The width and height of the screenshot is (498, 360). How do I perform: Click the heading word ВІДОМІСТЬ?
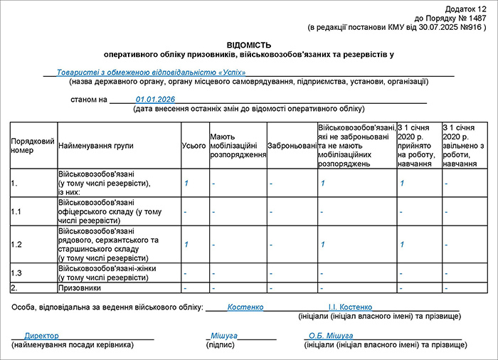(x=248, y=45)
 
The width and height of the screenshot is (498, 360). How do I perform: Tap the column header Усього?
(x=190, y=146)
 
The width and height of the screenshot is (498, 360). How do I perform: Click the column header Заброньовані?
(x=292, y=146)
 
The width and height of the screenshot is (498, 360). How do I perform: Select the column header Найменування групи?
(x=95, y=146)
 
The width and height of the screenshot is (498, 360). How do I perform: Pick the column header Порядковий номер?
(x=33, y=146)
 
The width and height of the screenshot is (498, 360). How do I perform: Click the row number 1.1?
(x=16, y=212)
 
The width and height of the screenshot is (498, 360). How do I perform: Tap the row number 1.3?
(x=16, y=273)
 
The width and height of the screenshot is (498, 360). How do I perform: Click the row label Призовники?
(x=80, y=288)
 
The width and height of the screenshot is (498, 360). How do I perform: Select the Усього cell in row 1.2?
(x=186, y=245)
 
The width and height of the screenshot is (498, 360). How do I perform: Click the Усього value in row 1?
(x=186, y=184)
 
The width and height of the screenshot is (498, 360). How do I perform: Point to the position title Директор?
(x=41, y=335)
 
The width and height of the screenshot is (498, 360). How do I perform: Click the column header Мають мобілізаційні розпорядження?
(x=238, y=146)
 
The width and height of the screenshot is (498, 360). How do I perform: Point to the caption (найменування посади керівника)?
(x=73, y=345)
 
